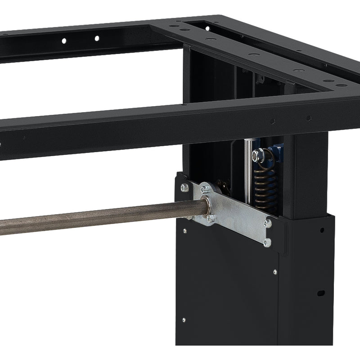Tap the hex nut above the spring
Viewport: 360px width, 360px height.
point(256,156)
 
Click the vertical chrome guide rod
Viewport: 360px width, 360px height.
point(247,171)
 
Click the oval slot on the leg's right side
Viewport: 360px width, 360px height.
point(320,293)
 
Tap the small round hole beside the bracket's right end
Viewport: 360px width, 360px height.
point(322,230)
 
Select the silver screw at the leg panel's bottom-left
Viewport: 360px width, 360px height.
point(184,320)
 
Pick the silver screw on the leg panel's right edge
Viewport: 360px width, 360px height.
point(274,272)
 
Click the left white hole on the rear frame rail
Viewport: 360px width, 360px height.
point(64,41)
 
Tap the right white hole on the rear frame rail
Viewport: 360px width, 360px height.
point(96,38)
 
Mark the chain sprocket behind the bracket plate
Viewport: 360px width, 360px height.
point(221,184)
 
